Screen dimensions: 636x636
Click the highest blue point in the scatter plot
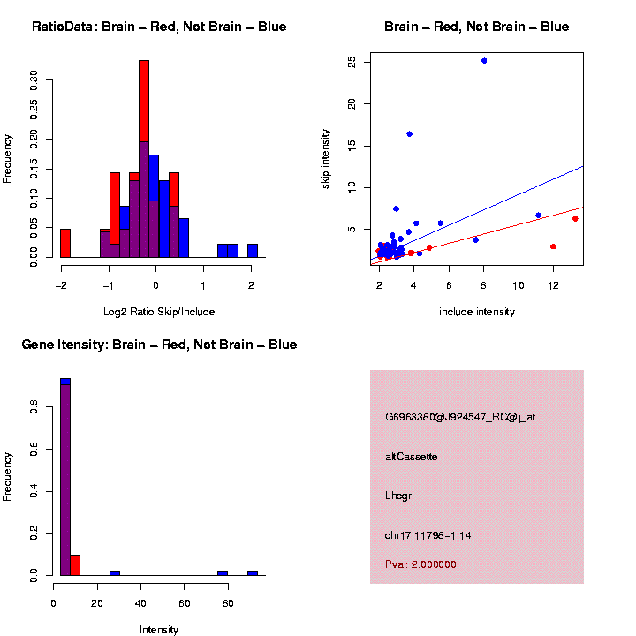[484, 61]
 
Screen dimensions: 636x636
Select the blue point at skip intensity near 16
[409, 134]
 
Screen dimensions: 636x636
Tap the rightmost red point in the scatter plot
[575, 218]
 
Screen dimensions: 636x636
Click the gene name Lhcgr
[398, 496]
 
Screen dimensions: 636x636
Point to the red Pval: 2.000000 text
[420, 564]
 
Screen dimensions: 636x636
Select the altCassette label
[411, 457]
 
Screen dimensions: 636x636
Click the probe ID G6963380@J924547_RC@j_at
[460, 417]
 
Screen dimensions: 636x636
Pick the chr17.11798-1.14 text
[427, 535]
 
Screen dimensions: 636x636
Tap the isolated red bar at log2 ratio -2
[65, 243]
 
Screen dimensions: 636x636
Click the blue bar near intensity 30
[115, 572]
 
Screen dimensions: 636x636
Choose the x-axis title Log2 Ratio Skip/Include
[155, 311]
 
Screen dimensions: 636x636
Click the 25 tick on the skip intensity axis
[352, 62]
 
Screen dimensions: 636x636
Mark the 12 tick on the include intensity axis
[553, 285]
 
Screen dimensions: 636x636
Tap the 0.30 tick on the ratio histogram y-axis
[35, 81]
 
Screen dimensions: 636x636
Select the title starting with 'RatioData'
[159, 26]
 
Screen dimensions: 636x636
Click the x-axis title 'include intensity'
[477, 312]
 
